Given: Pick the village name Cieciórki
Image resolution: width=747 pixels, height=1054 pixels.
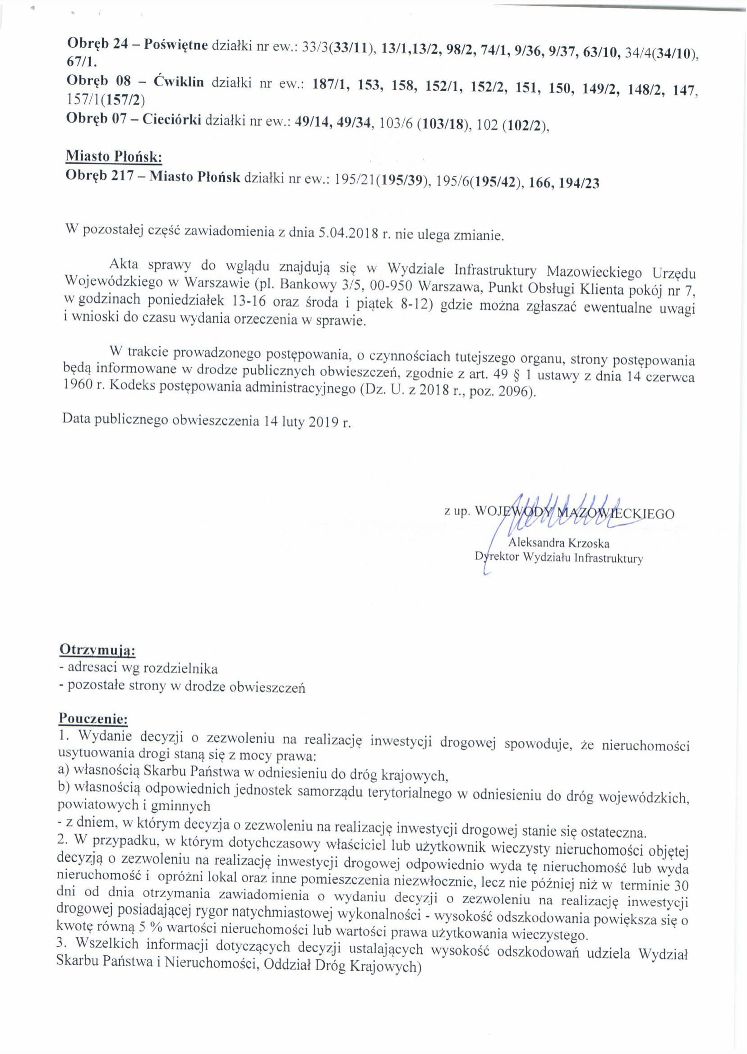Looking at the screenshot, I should [171, 121].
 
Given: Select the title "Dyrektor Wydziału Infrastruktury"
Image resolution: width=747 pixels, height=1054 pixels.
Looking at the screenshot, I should [559, 559].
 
